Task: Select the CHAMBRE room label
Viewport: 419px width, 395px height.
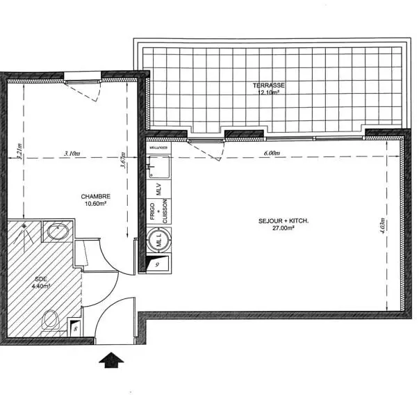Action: point(95,197)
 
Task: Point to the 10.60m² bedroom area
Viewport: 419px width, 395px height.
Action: point(95,204)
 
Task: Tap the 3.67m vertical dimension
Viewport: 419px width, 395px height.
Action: point(124,161)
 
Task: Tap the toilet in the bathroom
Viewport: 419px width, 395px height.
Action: point(50,321)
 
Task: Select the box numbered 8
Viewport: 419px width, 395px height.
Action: point(75,328)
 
